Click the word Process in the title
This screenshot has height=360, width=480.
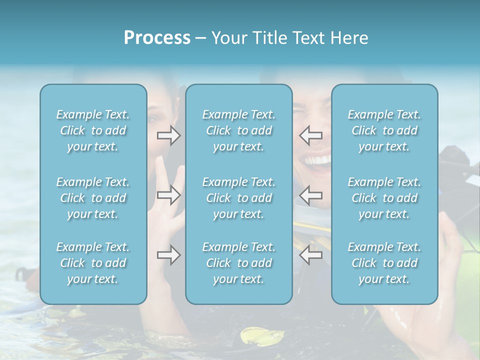click(157, 38)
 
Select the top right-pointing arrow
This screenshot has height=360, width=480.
click(168, 135)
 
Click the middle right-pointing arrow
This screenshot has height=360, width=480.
click(168, 195)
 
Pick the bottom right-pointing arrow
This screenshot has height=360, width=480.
click(168, 255)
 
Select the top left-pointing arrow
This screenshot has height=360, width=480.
click(310, 135)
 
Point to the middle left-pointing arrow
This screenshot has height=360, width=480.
click(310, 195)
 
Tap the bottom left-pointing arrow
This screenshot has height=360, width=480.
click(310, 255)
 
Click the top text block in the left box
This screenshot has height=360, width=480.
click(93, 130)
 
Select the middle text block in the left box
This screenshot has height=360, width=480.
click(93, 198)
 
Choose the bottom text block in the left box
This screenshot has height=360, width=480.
click(93, 263)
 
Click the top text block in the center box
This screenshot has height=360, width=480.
click(238, 130)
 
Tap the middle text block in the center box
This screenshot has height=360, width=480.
click(238, 198)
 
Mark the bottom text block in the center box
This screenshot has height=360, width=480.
click(238, 263)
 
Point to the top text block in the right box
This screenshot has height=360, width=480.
click(384, 130)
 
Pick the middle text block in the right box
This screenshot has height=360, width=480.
click(384, 198)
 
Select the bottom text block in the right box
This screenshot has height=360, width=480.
click(384, 263)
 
